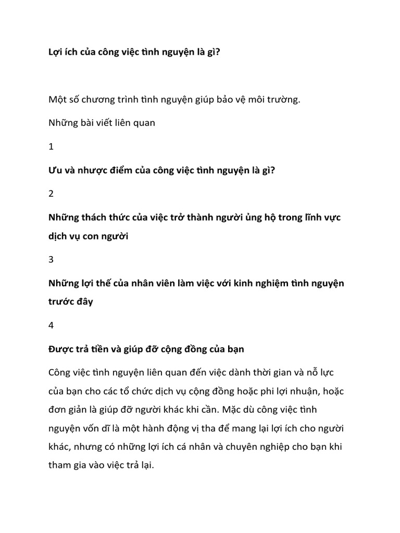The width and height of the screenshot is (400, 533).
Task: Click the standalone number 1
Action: [x=51, y=147]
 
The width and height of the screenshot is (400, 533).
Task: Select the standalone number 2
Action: [x=51, y=194]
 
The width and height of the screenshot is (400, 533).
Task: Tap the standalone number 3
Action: [x=51, y=260]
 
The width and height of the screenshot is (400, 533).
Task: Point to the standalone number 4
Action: [x=51, y=326]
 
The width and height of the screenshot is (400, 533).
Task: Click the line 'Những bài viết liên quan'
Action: [x=102, y=123]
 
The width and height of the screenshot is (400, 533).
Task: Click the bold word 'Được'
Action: [x=61, y=349]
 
